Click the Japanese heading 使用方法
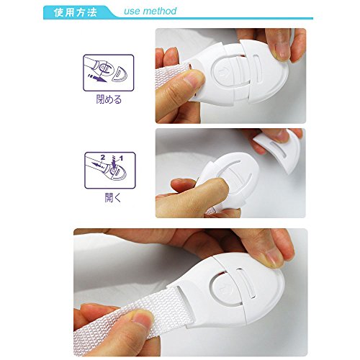coord(75,12)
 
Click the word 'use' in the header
coord(132,12)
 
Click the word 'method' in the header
coord(160,11)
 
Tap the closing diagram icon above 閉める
coord(109,73)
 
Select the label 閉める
coord(109,99)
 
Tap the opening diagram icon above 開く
coord(110,171)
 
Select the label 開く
coord(113,197)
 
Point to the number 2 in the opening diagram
coord(103,157)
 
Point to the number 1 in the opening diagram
coord(122,158)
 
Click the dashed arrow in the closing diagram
coord(97,78)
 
